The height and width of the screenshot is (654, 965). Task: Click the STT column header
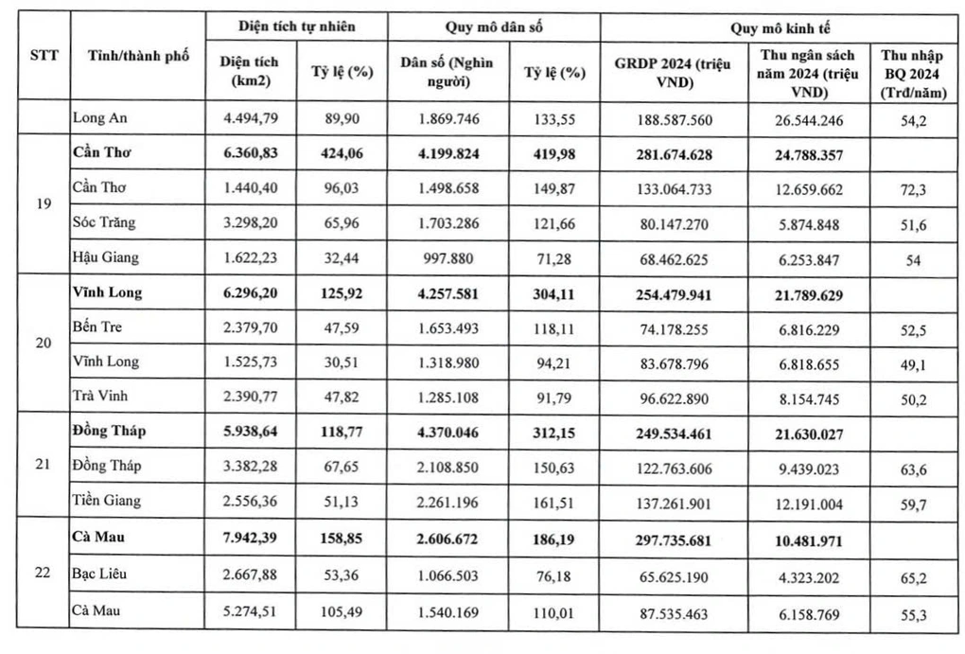(x=44, y=55)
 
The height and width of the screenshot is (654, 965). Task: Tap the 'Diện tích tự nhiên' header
(x=296, y=27)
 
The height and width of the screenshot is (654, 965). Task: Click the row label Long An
(x=99, y=119)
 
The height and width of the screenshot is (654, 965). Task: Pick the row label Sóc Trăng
(x=105, y=222)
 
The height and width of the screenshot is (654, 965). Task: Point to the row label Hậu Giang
(x=107, y=257)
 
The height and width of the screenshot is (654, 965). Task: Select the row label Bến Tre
(x=97, y=327)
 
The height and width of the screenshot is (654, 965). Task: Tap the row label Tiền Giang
(x=107, y=502)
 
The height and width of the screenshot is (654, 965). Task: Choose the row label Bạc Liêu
(x=100, y=574)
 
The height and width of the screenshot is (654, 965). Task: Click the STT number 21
(x=44, y=466)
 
